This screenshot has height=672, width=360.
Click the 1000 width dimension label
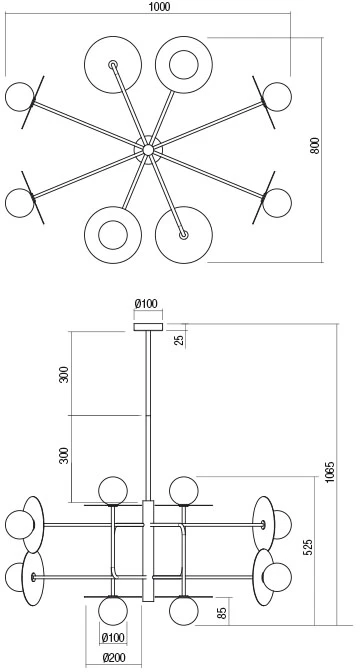pyautogui.click(x=160, y=6)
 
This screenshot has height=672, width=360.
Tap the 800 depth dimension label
pyautogui.click(x=315, y=146)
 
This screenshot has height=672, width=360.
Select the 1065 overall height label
pyautogui.click(x=330, y=472)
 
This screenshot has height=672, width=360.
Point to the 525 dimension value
pyautogui.click(x=308, y=547)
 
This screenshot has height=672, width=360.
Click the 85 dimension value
pyautogui.click(x=222, y=613)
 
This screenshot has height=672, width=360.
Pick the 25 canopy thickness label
pyautogui.click(x=180, y=339)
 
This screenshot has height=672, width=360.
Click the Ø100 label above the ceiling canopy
pyautogui.click(x=146, y=304)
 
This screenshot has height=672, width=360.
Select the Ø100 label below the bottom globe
pyautogui.click(x=113, y=638)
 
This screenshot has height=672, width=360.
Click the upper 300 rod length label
pyautogui.click(x=64, y=375)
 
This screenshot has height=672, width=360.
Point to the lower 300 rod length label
pyautogui.click(x=64, y=455)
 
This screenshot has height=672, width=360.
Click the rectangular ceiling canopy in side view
pyautogui.click(x=148, y=327)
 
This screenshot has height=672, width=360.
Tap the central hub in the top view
pyautogui.click(x=148, y=150)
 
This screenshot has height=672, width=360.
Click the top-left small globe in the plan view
pyautogui.click(x=19, y=96)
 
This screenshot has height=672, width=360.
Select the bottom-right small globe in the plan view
pyautogui.click(x=277, y=203)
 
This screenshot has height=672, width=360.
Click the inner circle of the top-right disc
pyautogui.click(x=184, y=65)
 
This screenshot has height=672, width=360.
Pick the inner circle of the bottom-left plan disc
pyautogui.click(x=113, y=235)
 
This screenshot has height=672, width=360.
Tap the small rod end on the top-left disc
pyautogui.click(x=113, y=65)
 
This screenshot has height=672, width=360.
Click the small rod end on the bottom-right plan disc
pyautogui.click(x=183, y=235)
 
